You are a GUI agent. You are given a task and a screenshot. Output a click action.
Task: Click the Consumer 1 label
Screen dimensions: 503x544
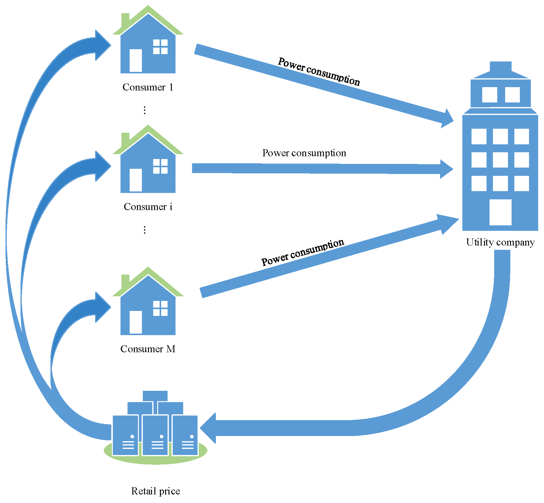148,87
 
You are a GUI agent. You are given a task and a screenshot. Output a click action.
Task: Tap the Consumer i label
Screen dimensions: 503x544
148,207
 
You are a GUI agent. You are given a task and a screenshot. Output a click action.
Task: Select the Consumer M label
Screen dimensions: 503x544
148,349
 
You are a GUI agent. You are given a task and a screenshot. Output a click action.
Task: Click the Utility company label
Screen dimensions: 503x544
500,242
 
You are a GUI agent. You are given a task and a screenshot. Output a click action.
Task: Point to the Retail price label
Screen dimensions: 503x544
155,491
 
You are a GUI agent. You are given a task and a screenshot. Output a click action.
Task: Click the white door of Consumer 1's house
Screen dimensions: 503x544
136,60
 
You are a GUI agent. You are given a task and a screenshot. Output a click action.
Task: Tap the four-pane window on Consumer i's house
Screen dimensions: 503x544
160,166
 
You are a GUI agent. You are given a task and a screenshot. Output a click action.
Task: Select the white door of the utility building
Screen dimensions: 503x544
500,212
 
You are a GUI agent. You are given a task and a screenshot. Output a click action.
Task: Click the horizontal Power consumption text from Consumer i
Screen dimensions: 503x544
304,153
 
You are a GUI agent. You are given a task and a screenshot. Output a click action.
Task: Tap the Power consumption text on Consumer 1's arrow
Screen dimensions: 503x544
319,71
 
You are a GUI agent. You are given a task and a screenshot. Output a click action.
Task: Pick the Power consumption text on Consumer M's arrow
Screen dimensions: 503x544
303,252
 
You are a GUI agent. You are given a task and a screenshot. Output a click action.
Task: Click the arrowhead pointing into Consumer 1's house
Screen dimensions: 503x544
102,45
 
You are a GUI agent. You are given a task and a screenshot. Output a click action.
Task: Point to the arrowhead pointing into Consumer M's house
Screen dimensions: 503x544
102,307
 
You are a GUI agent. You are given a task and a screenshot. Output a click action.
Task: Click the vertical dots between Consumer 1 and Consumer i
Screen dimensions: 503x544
145,110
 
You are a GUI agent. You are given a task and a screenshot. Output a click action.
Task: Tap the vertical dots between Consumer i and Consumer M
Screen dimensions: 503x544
145,230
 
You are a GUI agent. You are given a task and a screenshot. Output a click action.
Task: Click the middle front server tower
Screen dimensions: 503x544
155,435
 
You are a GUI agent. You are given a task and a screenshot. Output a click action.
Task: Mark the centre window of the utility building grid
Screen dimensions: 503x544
500,160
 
